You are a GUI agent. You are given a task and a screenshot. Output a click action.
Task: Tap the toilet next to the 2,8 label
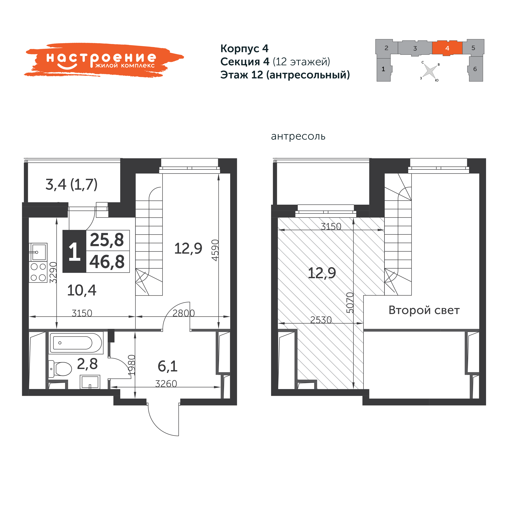[60, 369]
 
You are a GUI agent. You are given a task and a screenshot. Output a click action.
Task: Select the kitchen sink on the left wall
[38, 252]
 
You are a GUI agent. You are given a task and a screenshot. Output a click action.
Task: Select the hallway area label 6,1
[168, 366]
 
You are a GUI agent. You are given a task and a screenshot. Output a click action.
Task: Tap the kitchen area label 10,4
[82, 291]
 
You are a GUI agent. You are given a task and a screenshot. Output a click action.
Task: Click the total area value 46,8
[107, 262]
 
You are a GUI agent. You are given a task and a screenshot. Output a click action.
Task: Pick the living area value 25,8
[107, 240]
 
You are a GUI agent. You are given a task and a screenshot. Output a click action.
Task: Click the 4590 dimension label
[215, 250]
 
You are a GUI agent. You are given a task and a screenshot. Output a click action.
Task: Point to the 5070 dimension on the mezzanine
[350, 303]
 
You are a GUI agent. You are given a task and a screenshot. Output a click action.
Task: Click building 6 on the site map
[475, 69]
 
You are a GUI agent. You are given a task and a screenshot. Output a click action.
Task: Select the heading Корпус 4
[244, 48]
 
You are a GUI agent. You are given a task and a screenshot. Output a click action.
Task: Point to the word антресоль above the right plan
[298, 136]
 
